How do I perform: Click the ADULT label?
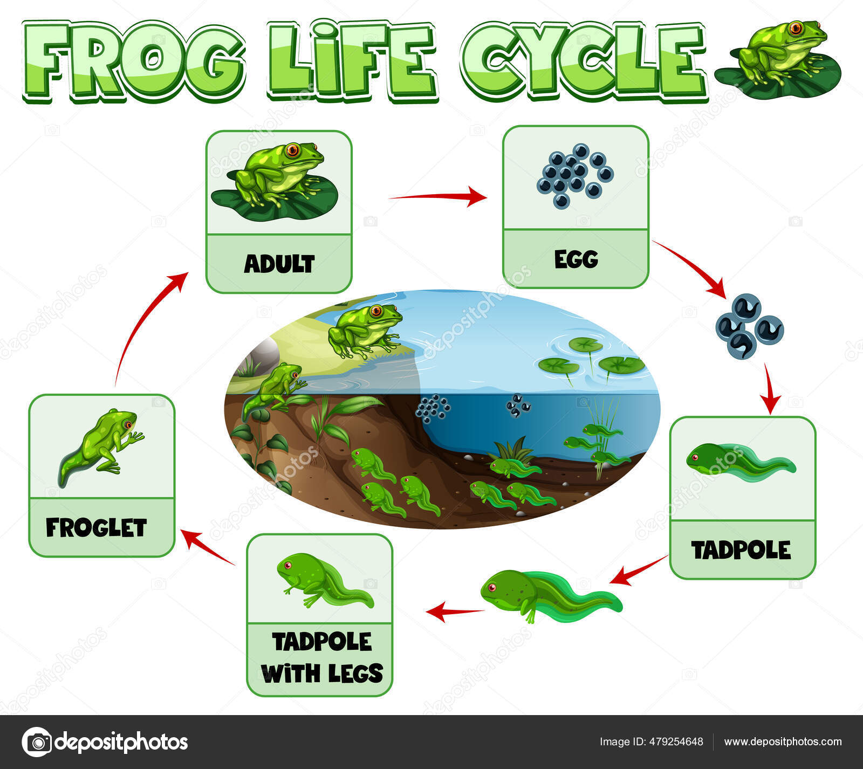pyautogui.click(x=279, y=264)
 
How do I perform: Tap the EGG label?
pyautogui.click(x=576, y=259)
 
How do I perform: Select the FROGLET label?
pyautogui.click(x=96, y=527)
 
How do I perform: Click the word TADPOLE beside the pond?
pyautogui.click(x=741, y=550)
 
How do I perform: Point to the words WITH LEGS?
pyautogui.click(x=322, y=673)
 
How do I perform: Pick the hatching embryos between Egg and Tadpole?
pyautogui.click(x=749, y=326)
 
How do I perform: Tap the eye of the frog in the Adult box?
pyautogui.click(x=292, y=149)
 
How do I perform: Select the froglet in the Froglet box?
pyautogui.click(x=101, y=444)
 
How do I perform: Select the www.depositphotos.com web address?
pyautogui.click(x=783, y=741)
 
